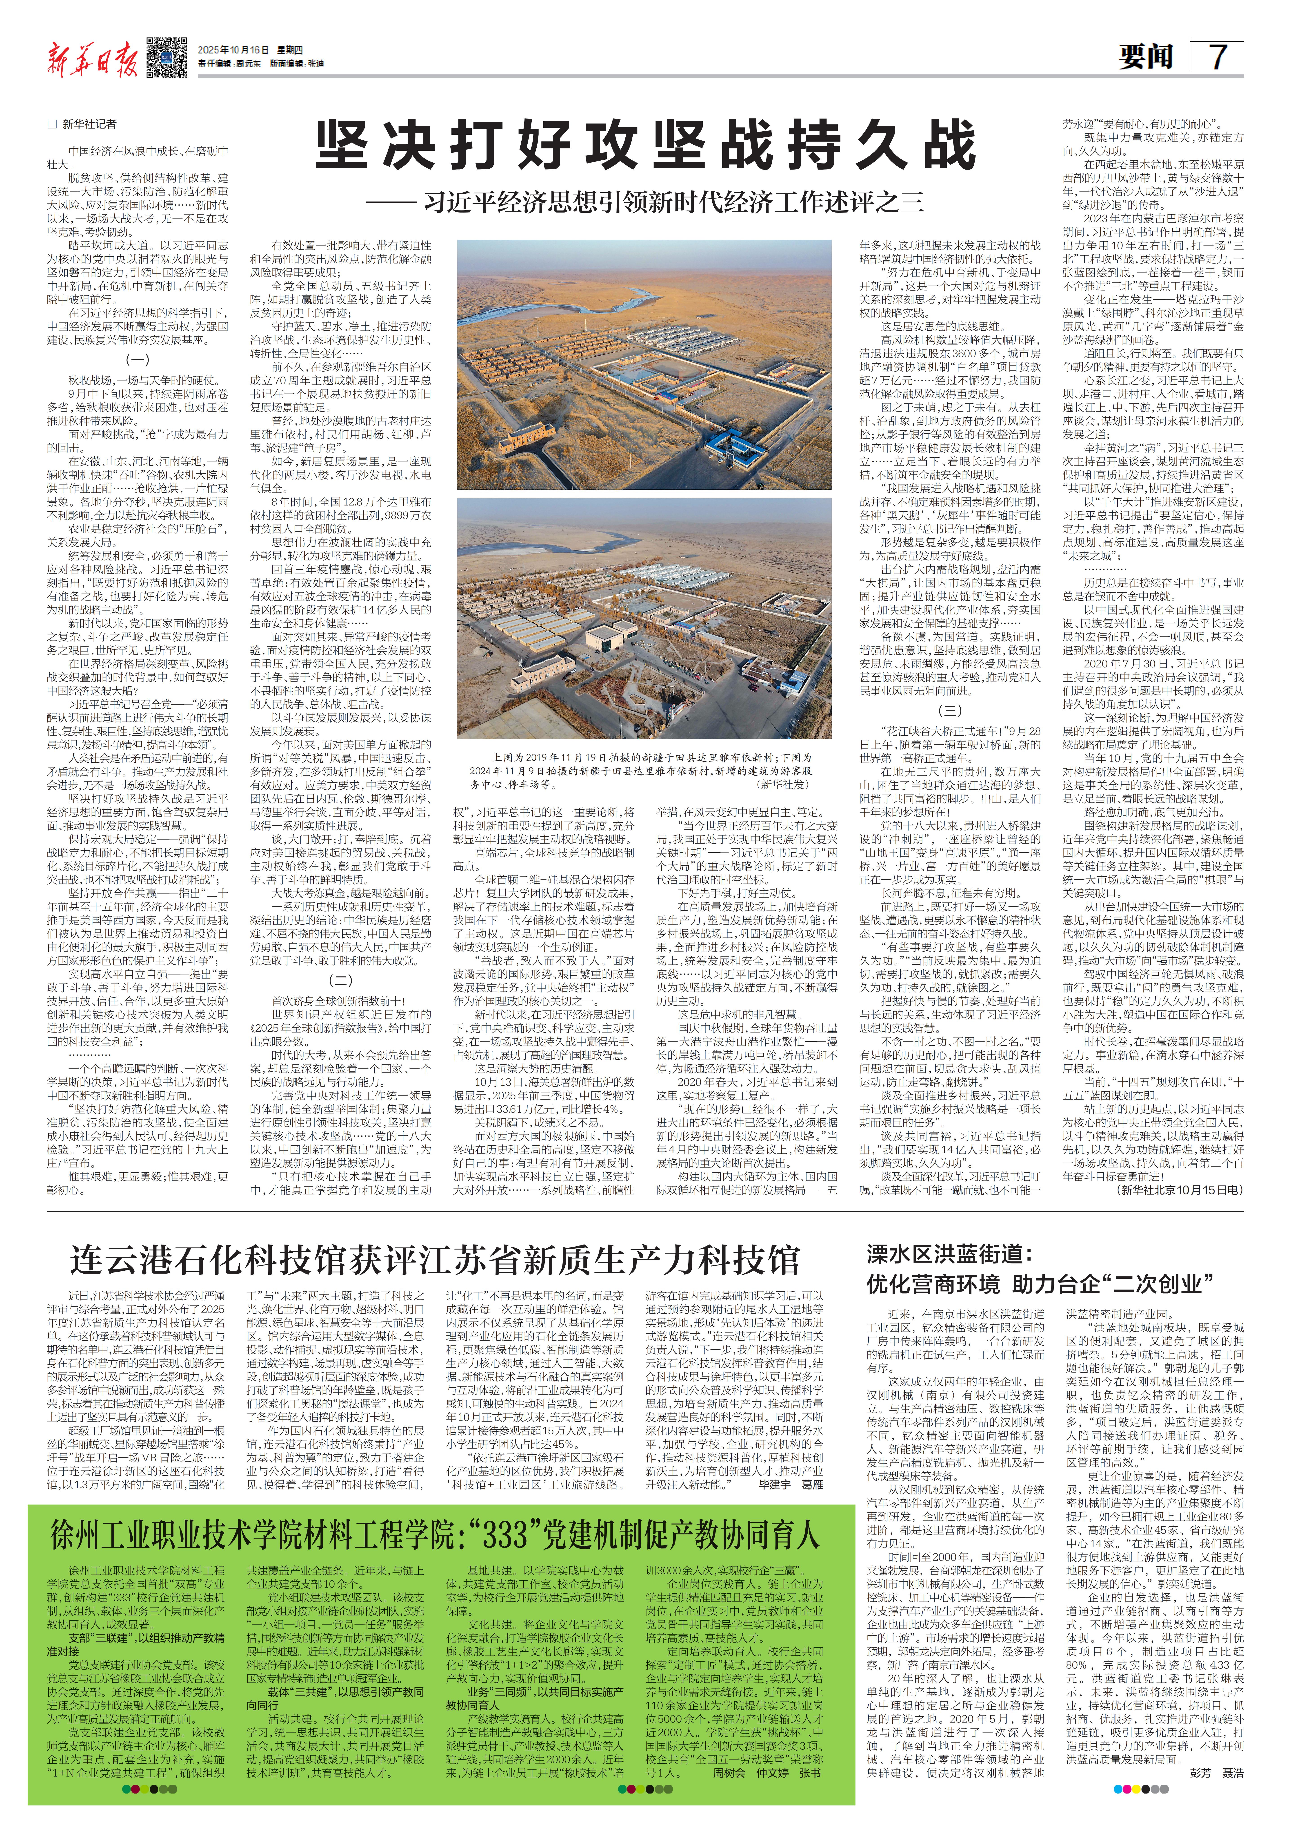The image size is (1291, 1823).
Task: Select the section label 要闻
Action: (1146, 57)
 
